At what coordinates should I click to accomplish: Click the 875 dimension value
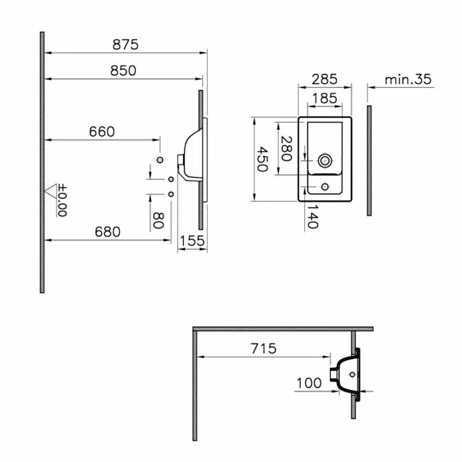click(126, 45)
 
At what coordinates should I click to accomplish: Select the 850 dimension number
click(123, 70)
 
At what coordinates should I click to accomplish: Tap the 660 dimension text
click(102, 132)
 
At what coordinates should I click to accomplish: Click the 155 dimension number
click(193, 241)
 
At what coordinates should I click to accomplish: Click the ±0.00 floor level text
click(63, 201)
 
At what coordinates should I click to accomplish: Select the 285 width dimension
click(324, 79)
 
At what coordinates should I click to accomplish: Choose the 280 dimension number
click(286, 149)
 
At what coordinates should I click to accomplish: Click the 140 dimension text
click(311, 216)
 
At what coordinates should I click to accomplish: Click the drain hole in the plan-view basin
click(325, 159)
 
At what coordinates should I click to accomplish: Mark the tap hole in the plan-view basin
click(325, 186)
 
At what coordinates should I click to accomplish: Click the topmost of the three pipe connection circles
click(160, 159)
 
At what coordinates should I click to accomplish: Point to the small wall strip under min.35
click(369, 160)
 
